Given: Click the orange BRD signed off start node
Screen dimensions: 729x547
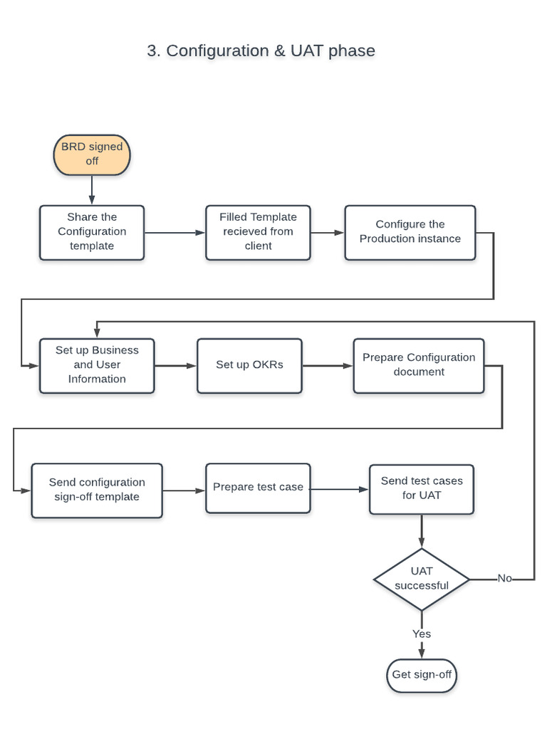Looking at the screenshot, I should click(92, 154).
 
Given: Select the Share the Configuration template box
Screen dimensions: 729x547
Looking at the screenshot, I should click(92, 232).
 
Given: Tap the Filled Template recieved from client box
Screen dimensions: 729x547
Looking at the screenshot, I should click(258, 232).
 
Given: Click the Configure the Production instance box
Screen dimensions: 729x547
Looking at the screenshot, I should click(410, 232).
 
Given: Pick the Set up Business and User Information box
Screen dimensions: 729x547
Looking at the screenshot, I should click(97, 365).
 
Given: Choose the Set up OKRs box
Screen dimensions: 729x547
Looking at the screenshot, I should click(249, 365).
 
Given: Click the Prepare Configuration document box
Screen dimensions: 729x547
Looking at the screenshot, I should click(419, 365).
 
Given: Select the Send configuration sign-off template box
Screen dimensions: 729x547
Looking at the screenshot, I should click(97, 490).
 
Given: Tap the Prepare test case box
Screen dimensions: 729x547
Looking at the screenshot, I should click(258, 488).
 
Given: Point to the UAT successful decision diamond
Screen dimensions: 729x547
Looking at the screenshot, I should click(422, 579).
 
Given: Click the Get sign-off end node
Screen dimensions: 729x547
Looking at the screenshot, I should click(422, 675).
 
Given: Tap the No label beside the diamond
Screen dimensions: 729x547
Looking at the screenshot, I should click(504, 579).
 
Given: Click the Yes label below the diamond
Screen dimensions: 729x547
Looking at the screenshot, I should click(422, 634).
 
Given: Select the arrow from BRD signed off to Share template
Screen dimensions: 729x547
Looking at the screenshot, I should click(92, 190).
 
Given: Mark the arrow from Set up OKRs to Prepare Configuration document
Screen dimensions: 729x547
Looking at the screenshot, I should click(328, 366).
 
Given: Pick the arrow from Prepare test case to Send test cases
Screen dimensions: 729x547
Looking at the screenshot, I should click(340, 489).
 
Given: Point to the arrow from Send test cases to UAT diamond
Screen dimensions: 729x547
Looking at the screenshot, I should click(422, 531).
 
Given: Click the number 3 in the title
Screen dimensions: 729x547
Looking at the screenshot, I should click(152, 51).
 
